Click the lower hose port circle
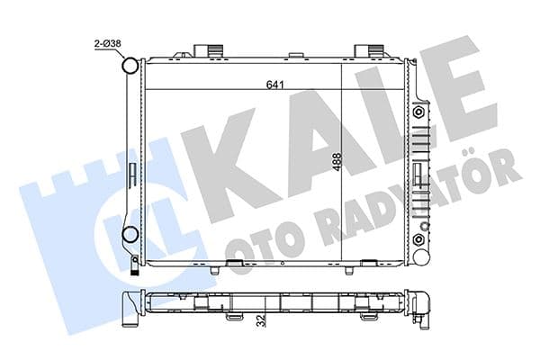(130, 236)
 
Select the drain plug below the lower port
(134, 263)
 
